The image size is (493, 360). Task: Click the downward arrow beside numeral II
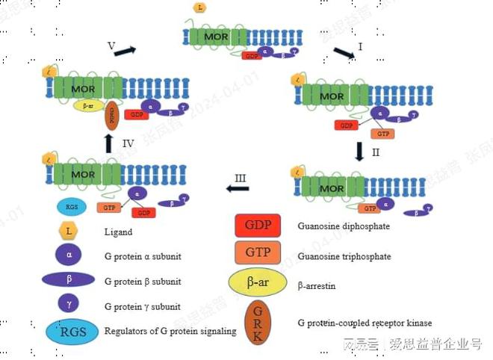(359, 152)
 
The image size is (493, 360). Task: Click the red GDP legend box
(258, 225)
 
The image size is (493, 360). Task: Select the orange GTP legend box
(258, 252)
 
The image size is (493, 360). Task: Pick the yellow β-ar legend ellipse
(258, 282)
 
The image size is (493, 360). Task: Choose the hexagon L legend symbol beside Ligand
(69, 232)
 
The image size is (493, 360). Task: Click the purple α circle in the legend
(69, 255)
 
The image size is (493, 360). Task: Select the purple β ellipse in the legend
(69, 281)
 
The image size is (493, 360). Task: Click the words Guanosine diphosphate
(344, 226)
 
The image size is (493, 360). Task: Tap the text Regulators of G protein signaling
(170, 331)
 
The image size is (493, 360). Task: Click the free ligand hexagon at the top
(199, 7)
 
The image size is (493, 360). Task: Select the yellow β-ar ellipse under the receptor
(88, 106)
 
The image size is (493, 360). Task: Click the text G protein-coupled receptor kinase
(365, 323)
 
